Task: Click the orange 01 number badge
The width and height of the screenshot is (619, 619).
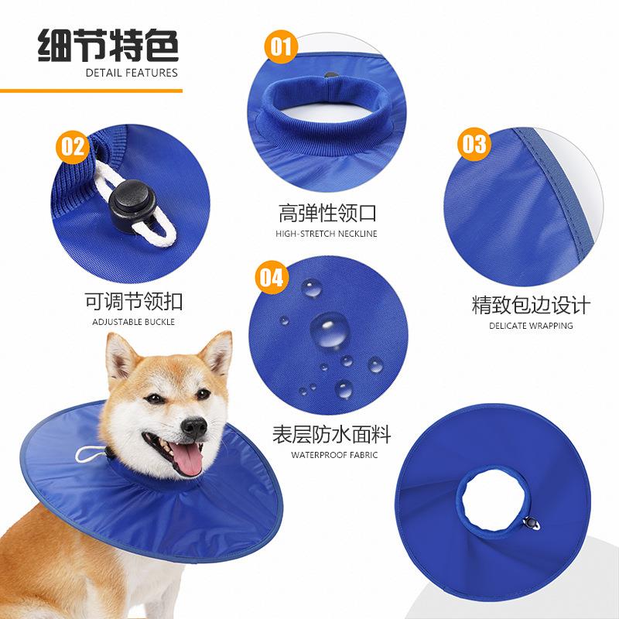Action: [x=282, y=48]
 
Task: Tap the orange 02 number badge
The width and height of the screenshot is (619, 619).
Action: [x=74, y=146]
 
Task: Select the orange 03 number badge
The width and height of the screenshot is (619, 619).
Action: [x=474, y=145]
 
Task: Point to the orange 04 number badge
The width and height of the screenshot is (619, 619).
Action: [x=271, y=277]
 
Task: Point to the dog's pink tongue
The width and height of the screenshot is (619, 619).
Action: [x=186, y=460]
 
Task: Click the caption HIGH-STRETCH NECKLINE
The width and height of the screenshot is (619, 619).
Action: [x=327, y=234]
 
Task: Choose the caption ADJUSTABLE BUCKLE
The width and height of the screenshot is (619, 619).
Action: [x=134, y=322]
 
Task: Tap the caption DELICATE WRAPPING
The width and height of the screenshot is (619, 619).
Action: [x=531, y=326]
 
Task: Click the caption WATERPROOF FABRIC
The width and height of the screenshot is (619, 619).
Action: [x=334, y=455]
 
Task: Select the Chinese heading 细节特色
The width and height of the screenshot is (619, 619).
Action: [x=108, y=45]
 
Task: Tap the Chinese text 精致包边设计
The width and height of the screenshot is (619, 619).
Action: [x=531, y=305]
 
